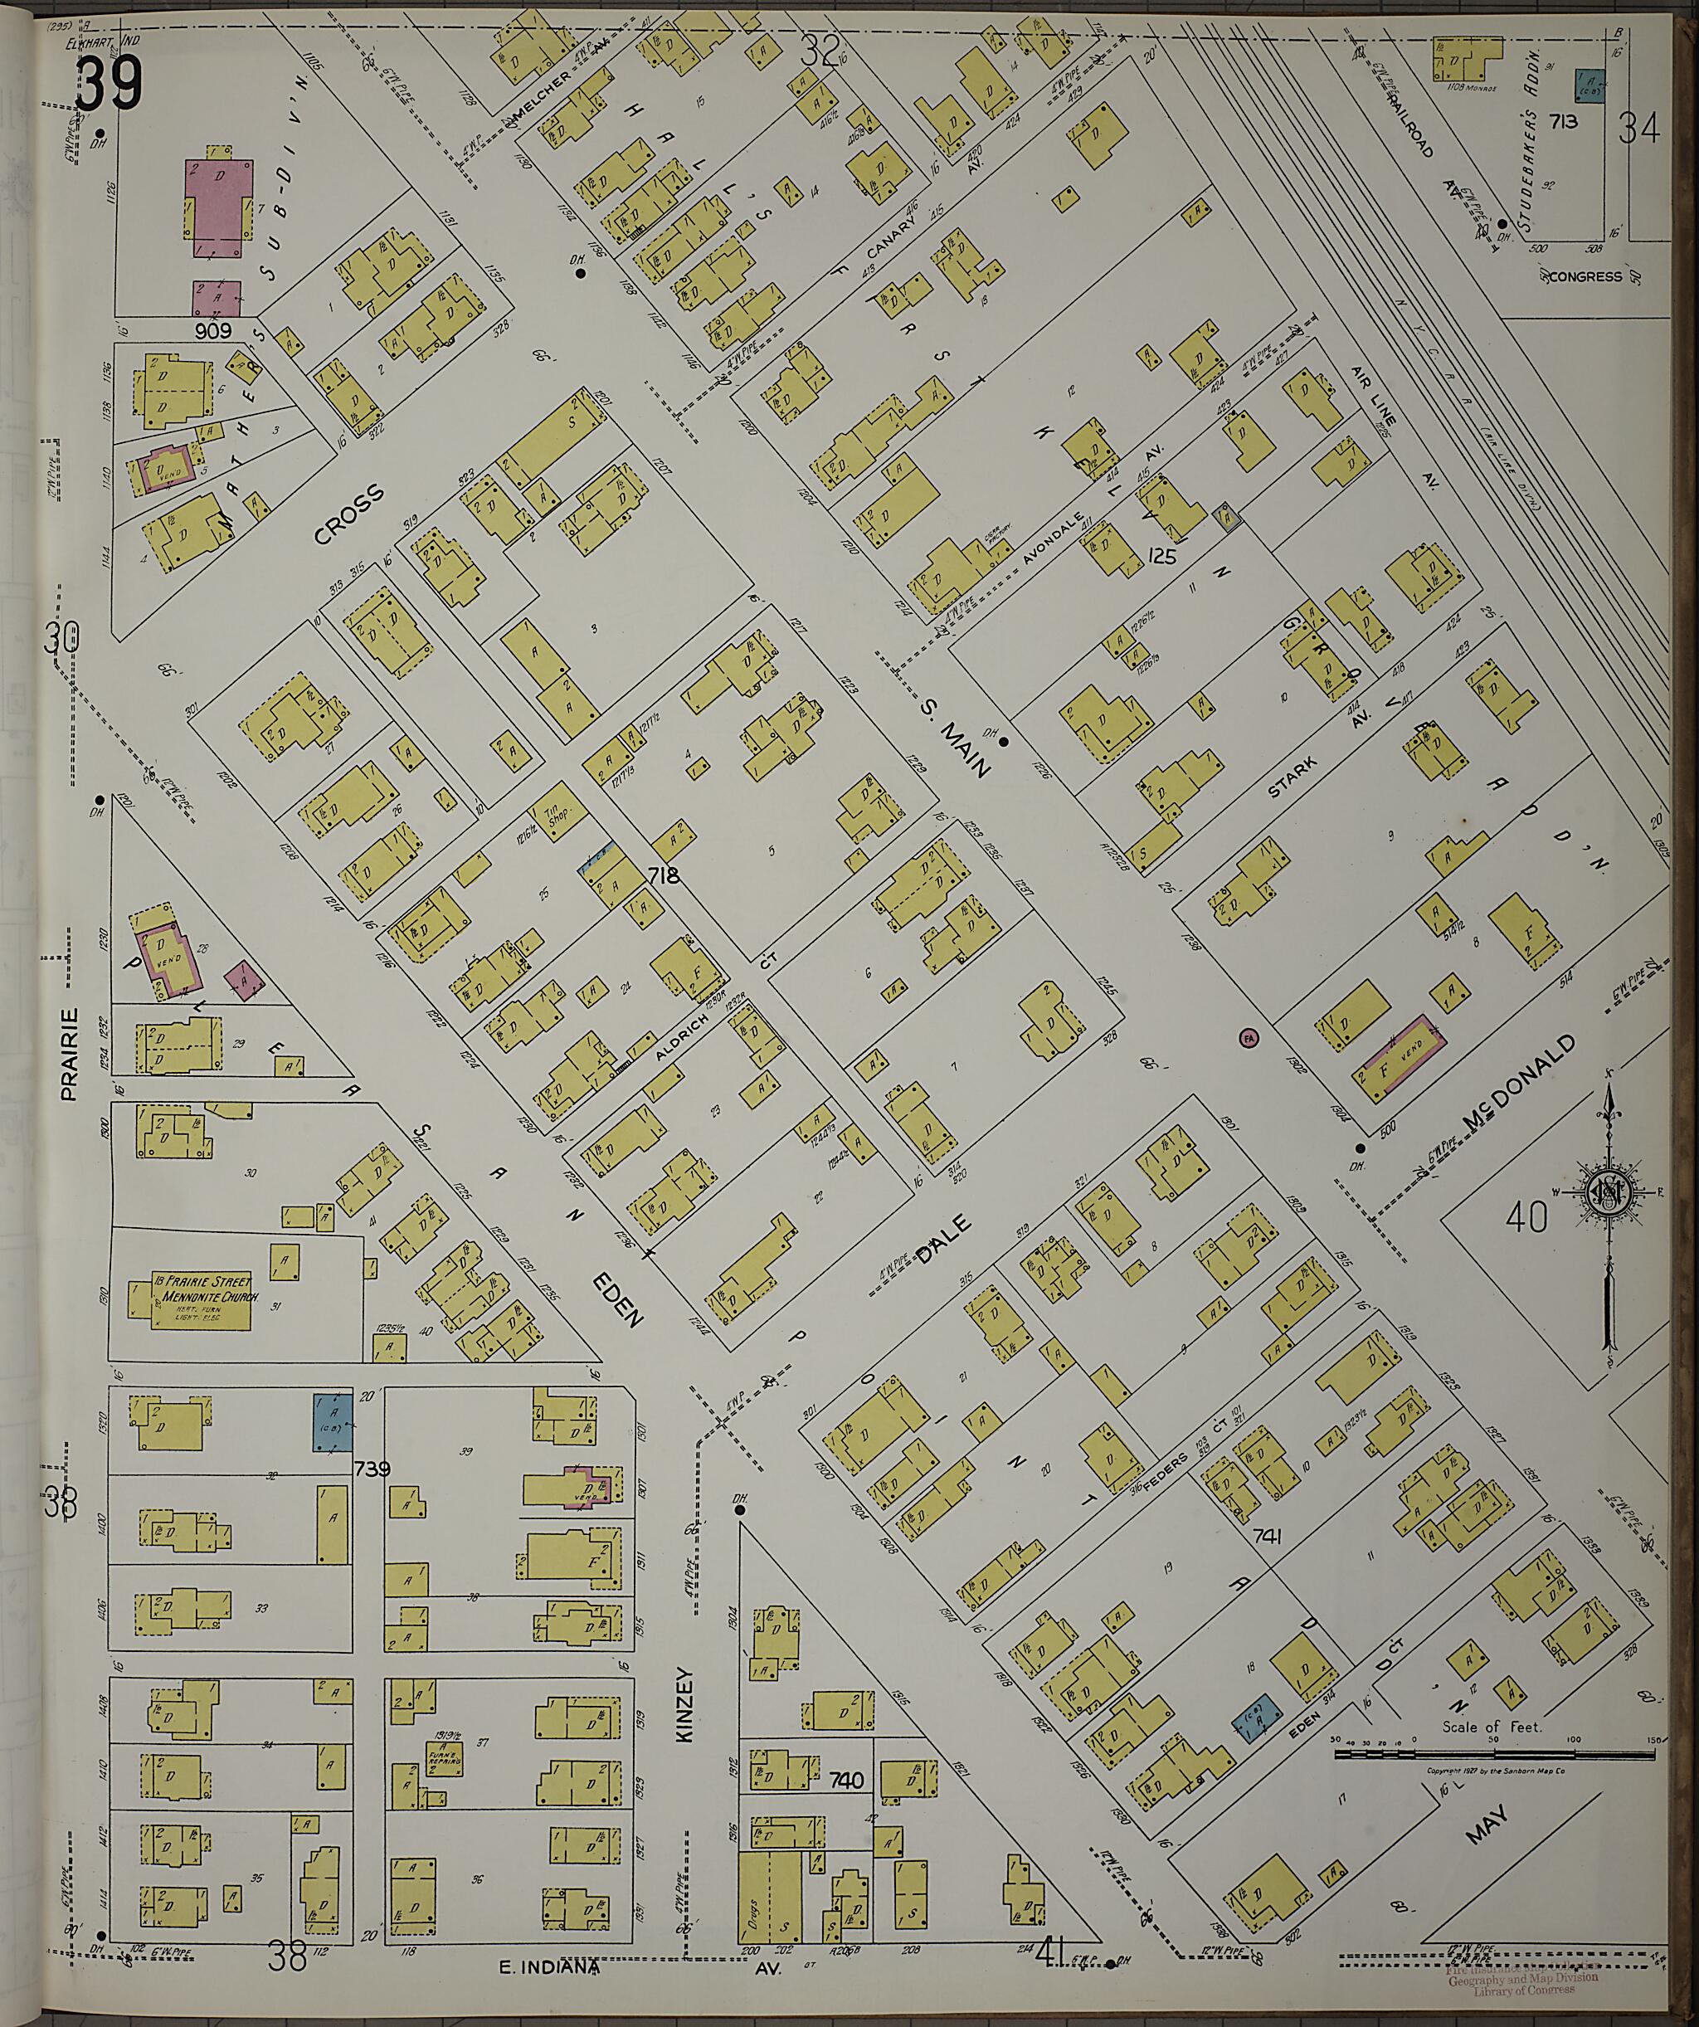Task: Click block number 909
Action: pyautogui.click(x=212, y=331)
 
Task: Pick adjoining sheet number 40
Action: pyautogui.click(x=1526, y=1217)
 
